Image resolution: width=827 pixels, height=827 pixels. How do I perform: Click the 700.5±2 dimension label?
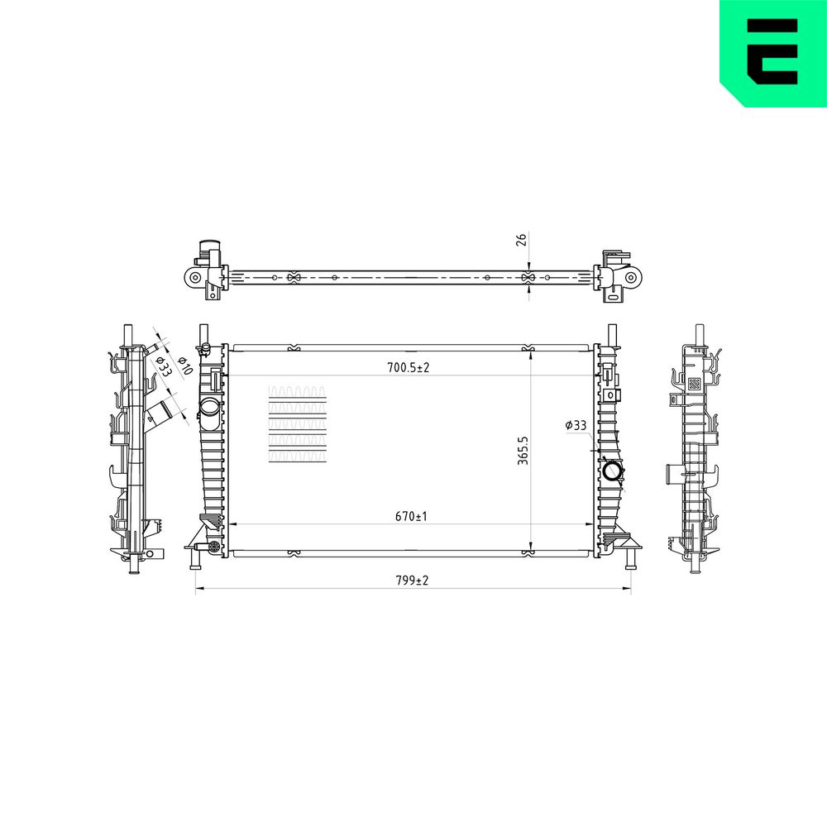(409, 368)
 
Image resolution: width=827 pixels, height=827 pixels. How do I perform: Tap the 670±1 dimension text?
(411, 516)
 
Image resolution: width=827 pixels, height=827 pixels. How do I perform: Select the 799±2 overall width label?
(412, 581)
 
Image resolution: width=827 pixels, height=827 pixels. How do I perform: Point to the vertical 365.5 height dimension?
(523, 450)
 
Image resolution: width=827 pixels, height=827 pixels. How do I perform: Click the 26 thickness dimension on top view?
(521, 240)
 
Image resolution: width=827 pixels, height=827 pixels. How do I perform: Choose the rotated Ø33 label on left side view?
(164, 365)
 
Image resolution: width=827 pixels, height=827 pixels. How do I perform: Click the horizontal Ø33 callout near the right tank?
(576, 425)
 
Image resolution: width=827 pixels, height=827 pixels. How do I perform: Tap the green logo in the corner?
(773, 53)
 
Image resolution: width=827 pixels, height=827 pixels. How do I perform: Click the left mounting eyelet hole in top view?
(194, 277)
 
